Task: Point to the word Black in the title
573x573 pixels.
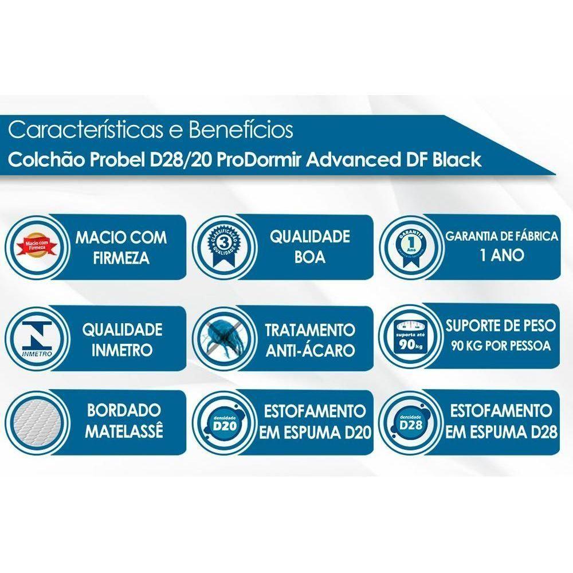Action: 456,160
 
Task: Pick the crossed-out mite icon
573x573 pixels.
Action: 222,340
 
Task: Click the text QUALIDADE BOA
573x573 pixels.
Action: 309,247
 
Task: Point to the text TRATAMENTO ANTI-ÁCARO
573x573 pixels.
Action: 310,340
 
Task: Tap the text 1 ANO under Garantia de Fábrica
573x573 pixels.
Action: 502,256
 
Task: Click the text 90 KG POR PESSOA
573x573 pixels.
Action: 502,346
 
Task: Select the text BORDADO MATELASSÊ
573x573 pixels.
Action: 124,421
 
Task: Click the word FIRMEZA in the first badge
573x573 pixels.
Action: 121,257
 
